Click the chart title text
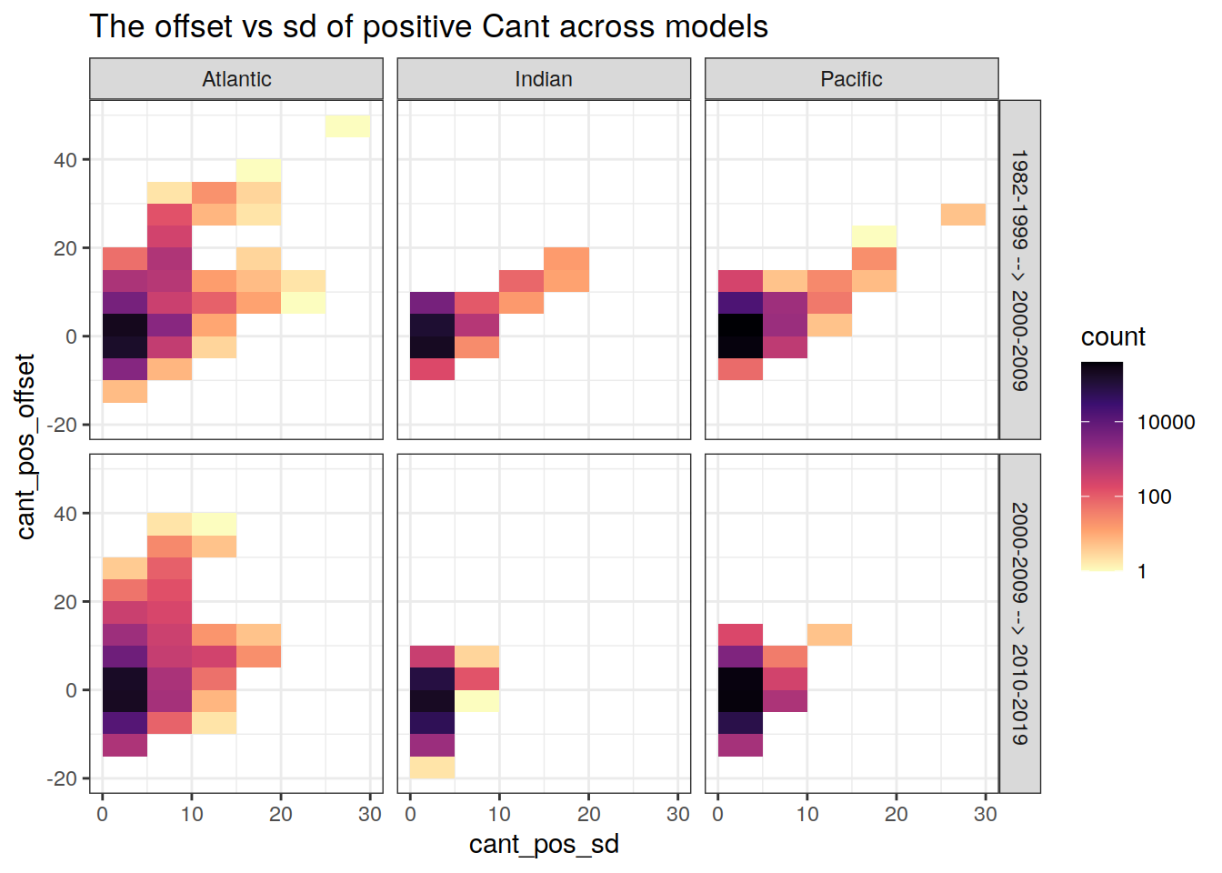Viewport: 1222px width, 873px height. tap(428, 27)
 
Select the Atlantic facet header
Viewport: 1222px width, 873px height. tap(236, 79)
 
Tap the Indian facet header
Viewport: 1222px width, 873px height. tap(544, 79)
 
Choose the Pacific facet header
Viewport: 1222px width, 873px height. tap(851, 79)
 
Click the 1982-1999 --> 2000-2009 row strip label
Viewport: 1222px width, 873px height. tap(1020, 270)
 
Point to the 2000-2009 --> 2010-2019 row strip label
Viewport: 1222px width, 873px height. tap(1020, 624)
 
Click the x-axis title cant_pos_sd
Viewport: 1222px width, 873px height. tap(544, 845)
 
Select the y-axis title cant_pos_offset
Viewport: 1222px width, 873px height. tap(25, 447)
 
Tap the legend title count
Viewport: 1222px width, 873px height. tap(1113, 337)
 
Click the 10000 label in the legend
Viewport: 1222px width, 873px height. tap(1166, 422)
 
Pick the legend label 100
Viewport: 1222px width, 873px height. tap(1154, 497)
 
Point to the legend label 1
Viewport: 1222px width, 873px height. tap(1142, 572)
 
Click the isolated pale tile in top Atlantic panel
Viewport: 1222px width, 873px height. tap(347, 126)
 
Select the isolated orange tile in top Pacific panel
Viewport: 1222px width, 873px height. tap(963, 215)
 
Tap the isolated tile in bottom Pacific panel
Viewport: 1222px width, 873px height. tap(829, 635)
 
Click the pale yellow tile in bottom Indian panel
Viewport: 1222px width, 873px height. tap(476, 701)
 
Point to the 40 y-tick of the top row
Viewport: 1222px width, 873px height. tap(65, 160)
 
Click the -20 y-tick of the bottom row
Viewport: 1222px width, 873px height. tap(62, 778)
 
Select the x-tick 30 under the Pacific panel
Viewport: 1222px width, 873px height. tap(986, 815)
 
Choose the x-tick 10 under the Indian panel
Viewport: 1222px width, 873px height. tap(499, 815)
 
